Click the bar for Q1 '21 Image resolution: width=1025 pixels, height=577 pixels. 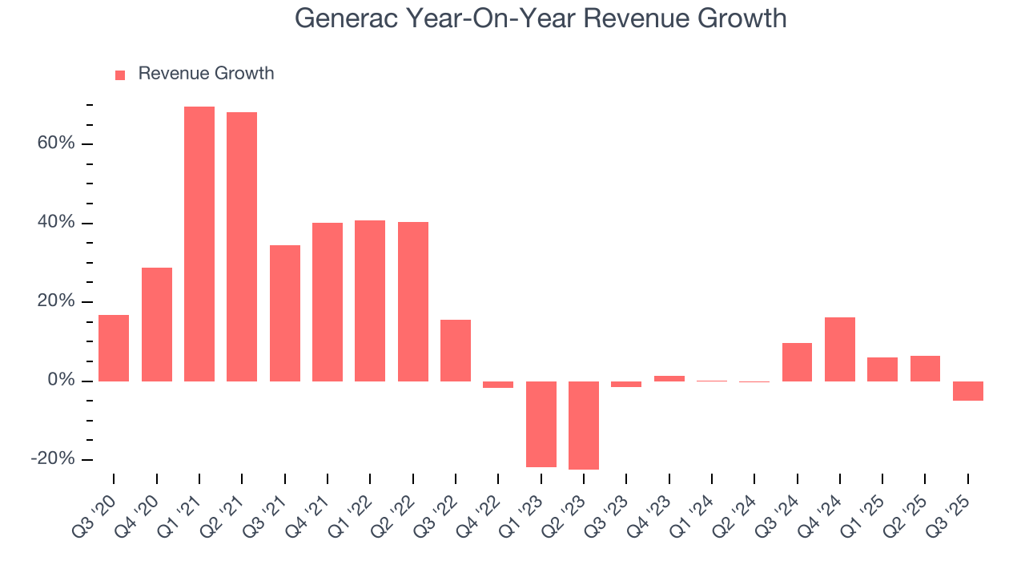199,244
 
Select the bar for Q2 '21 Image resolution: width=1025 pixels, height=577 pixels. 242,246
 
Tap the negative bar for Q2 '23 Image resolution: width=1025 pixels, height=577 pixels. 584,425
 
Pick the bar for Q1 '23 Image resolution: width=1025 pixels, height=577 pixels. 541,424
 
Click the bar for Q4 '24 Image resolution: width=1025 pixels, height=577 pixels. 840,349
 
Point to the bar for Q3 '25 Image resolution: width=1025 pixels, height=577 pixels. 968,390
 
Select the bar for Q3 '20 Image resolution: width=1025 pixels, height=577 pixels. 114,348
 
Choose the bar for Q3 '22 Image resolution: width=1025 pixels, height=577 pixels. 456,350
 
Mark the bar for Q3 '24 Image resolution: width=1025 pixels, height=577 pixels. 797,361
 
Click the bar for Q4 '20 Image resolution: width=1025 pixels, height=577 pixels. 157,324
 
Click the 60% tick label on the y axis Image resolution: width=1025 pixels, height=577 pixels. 55,143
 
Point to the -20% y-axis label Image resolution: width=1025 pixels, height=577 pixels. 53,459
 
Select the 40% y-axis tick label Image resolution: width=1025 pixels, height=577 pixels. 55,223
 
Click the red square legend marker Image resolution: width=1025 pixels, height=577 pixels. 120,75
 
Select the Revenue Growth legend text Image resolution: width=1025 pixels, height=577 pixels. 206,74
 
